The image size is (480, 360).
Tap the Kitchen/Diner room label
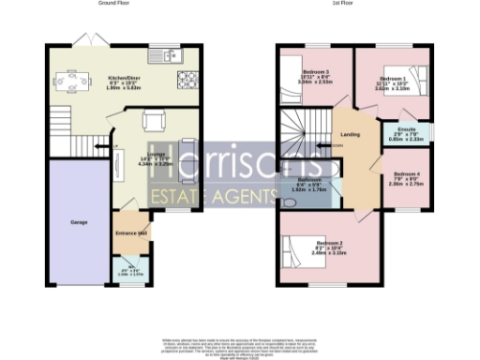124,80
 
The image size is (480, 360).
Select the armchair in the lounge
150,120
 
